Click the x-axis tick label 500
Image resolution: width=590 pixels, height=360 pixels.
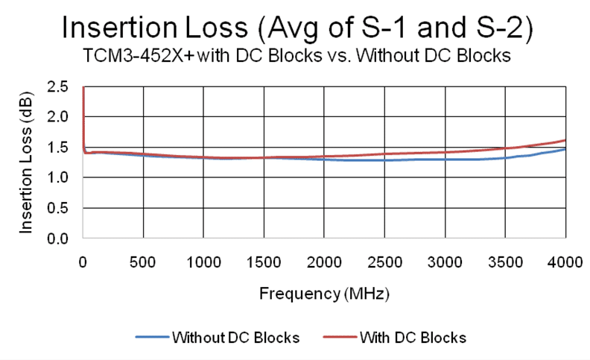coord(143,262)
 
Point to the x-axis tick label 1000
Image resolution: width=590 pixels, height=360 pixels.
coord(203,262)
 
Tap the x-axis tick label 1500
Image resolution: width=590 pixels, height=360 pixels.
coord(264,262)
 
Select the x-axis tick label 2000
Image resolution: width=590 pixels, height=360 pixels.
coord(324,262)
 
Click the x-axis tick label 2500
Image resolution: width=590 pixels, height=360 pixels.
coord(384,262)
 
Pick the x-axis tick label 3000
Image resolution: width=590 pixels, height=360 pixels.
coord(445,262)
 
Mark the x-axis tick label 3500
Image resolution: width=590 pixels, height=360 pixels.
coord(505,262)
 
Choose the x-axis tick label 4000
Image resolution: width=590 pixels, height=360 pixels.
coord(565,262)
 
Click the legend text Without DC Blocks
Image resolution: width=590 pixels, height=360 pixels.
coord(235,338)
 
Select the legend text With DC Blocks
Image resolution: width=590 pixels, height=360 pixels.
coord(413,338)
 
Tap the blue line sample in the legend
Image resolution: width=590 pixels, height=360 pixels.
coord(152,338)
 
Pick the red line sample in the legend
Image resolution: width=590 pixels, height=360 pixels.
coord(340,338)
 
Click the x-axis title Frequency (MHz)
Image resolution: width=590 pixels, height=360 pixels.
coord(324,293)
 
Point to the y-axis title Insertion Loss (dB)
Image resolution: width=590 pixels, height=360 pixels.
coord(27,162)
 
